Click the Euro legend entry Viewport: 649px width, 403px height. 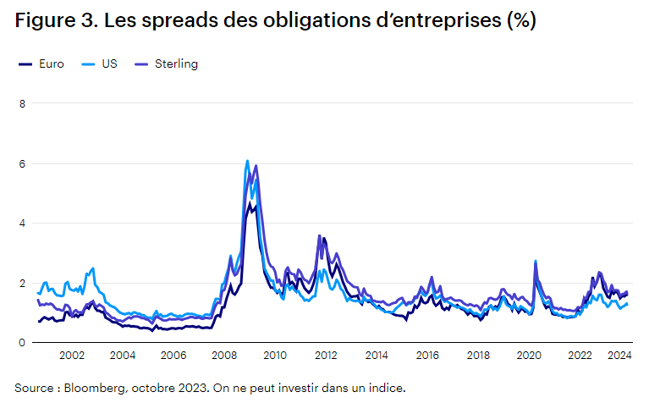[x=45, y=64]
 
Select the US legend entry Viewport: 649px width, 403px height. [x=106, y=64]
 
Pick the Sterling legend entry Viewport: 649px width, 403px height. [x=175, y=64]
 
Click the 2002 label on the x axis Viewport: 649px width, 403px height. [x=71, y=357]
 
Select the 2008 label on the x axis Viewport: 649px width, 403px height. [x=224, y=357]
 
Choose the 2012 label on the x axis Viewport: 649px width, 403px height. [x=326, y=357]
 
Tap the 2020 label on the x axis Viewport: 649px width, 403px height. [x=530, y=357]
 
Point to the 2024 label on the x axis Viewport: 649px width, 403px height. [x=620, y=357]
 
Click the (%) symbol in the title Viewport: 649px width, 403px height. [x=520, y=21]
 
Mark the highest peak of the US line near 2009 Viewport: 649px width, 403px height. [x=247, y=161]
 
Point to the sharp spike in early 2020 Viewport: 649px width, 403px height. [x=536, y=262]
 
